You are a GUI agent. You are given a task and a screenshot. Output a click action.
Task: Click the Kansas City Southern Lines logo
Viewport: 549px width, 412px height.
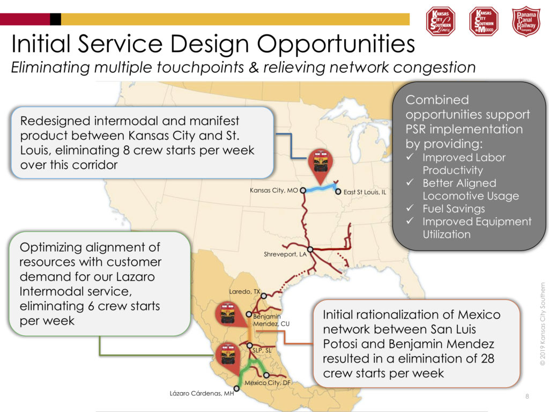441,21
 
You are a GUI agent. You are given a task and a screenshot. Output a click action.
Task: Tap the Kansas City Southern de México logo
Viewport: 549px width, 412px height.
484,21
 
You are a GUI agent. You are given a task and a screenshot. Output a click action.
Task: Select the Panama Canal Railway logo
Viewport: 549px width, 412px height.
526,21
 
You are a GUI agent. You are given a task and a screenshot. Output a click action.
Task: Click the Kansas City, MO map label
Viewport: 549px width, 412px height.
273,190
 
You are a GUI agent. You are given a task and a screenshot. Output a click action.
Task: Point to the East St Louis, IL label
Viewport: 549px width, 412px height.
365,192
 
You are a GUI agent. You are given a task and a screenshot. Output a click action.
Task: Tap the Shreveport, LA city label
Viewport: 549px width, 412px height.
285,254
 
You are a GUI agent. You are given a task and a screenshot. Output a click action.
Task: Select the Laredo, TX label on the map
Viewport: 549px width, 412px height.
244,291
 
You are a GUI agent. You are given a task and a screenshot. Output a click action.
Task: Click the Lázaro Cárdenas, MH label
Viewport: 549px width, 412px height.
202,393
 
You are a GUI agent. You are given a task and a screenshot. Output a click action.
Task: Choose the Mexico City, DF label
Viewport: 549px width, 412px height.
268,382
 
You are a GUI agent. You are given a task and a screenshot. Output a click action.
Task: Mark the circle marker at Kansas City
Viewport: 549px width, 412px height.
303,190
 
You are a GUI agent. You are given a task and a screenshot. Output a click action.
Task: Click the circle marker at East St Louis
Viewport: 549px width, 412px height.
338,192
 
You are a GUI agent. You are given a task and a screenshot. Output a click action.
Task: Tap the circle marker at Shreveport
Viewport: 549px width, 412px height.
310,249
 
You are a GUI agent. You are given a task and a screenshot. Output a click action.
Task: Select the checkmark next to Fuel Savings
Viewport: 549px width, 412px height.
410,208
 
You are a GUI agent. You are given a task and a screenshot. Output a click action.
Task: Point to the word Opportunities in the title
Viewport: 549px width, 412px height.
336,44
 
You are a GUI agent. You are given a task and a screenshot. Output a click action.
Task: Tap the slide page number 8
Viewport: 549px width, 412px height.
527,396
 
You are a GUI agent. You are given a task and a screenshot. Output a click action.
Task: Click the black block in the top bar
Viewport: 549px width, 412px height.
55,19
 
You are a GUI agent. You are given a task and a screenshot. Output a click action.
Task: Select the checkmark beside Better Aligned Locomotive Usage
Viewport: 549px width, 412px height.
410,182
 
